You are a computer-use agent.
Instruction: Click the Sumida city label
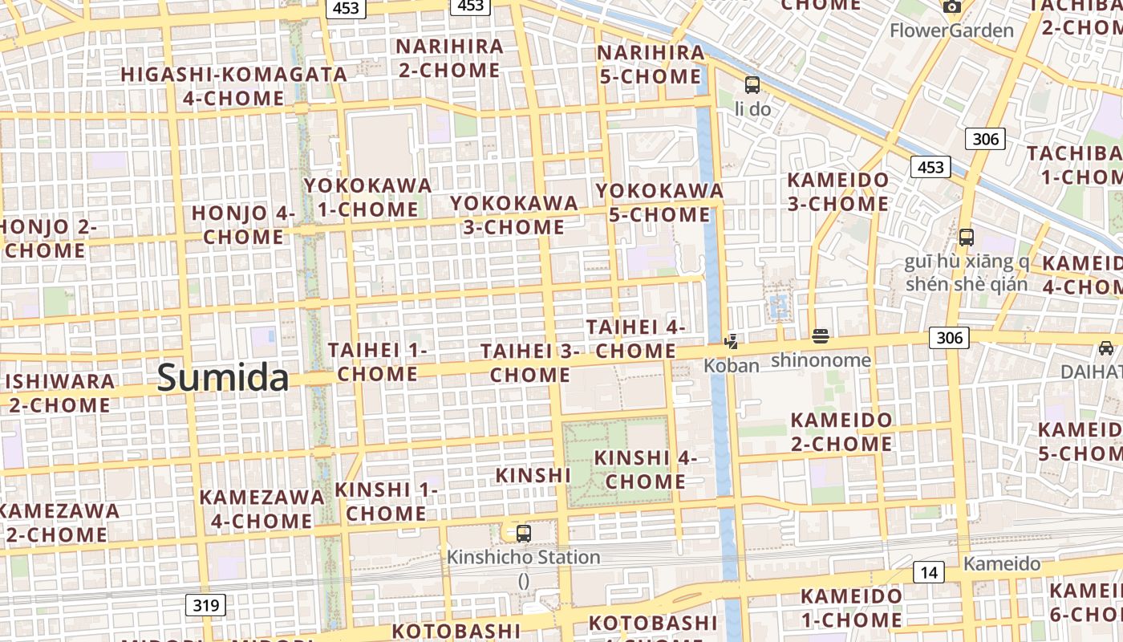coord(222,377)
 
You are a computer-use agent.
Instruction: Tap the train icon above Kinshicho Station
coord(523,533)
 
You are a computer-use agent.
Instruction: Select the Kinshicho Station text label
coord(523,557)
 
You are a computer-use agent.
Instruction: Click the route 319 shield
coord(206,605)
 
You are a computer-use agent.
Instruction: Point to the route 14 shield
coord(929,572)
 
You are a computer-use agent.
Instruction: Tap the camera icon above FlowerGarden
coord(952,6)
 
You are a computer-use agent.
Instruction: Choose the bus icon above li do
coord(752,84)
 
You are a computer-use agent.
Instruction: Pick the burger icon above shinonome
coord(820,336)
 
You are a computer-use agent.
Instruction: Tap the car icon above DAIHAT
coord(1106,348)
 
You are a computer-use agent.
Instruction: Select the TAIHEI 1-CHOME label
coord(377,362)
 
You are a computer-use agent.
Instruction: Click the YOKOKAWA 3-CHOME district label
coord(513,214)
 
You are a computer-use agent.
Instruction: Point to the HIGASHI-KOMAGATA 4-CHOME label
coord(233,86)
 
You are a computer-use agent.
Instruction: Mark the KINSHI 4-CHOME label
coord(646,469)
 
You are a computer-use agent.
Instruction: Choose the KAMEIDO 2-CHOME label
coord(841,432)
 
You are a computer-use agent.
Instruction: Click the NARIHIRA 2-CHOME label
coord(449,58)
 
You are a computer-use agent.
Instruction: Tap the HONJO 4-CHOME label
coord(243,225)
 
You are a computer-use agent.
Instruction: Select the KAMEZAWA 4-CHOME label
coord(261,509)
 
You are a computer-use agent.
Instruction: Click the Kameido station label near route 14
coord(1002,563)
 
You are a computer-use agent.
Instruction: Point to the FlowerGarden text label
coord(952,30)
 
